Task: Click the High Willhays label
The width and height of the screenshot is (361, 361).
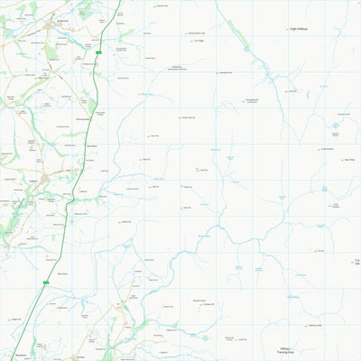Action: tap(299, 29)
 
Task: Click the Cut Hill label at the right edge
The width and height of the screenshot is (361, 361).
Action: tap(357, 263)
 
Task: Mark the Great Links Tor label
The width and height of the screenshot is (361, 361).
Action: tap(189, 118)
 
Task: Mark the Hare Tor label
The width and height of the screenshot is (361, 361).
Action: tap(126, 222)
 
